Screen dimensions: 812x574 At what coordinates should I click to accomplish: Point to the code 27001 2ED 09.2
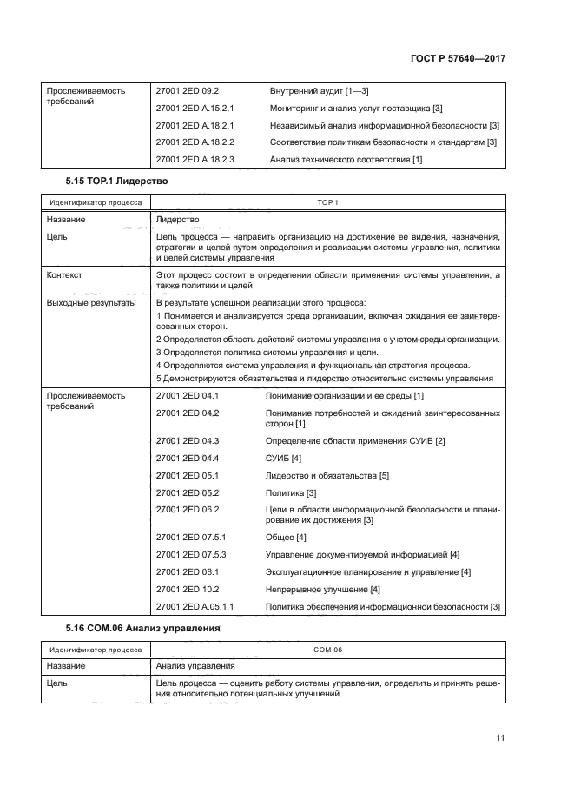click(x=188, y=90)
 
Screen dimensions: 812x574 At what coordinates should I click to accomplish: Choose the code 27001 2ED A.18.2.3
click(x=195, y=159)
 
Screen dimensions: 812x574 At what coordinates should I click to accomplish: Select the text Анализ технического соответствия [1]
click(x=346, y=159)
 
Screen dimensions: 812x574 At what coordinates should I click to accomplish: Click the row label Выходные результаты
click(x=91, y=303)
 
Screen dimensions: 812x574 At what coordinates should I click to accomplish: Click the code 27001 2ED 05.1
click(x=188, y=476)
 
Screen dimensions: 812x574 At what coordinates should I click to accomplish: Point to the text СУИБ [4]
click(x=284, y=458)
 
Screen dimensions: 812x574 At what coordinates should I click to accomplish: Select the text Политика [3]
click(x=291, y=492)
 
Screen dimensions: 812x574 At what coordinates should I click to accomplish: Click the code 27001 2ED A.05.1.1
click(x=195, y=606)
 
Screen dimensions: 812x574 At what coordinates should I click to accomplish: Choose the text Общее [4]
click(x=286, y=538)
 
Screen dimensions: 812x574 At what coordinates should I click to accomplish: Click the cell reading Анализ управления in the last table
click(x=195, y=666)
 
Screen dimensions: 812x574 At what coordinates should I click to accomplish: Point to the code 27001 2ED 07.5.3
click(x=190, y=554)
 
